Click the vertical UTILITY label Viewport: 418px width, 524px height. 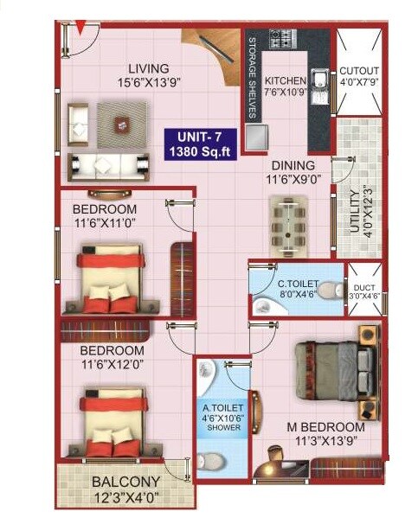355,208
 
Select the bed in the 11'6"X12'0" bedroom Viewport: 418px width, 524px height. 110,424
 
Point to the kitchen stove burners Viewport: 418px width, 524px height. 281,39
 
